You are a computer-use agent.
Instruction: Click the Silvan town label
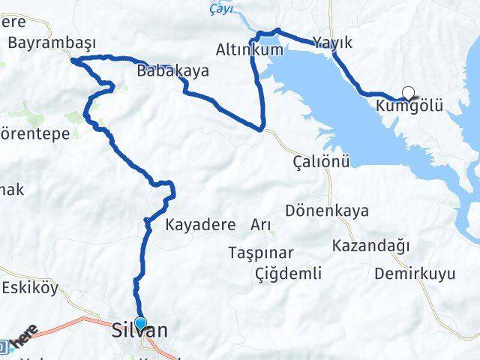[139, 331]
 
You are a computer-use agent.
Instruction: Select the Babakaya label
[172, 72]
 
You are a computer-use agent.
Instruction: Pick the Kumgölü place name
[411, 107]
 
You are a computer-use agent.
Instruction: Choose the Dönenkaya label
[328, 211]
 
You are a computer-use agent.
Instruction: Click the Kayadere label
[200, 224]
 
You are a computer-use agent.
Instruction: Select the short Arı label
[261, 224]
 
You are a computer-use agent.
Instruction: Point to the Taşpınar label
[262, 253]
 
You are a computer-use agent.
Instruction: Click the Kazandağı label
[370, 245]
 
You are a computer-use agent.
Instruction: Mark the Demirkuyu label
[415, 273]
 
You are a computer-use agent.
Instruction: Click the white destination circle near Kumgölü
[408, 93]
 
